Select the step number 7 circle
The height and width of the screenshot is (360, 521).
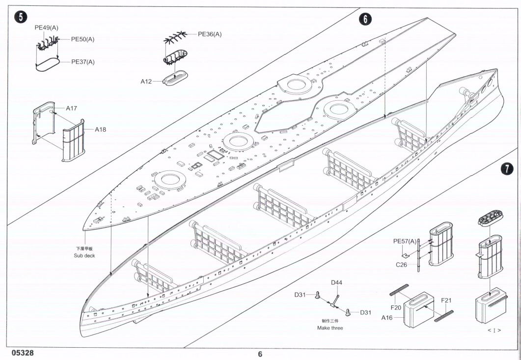(506, 169)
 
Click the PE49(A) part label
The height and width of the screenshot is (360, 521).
(47, 28)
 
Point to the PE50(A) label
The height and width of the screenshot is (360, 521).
(82, 39)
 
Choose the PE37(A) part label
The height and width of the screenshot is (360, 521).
(83, 62)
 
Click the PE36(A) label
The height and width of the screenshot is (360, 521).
(210, 34)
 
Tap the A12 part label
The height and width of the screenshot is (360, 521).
(146, 82)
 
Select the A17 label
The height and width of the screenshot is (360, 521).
(71, 108)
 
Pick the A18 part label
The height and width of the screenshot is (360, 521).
(100, 130)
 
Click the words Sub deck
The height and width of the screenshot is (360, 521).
(84, 255)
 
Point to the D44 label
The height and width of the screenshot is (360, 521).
(336, 282)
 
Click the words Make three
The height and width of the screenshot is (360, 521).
(330, 328)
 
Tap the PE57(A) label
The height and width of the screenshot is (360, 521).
(405, 241)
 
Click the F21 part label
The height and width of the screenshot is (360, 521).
(446, 300)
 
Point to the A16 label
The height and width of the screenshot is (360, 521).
(387, 318)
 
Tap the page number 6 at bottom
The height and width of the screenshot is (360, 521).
(260, 354)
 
